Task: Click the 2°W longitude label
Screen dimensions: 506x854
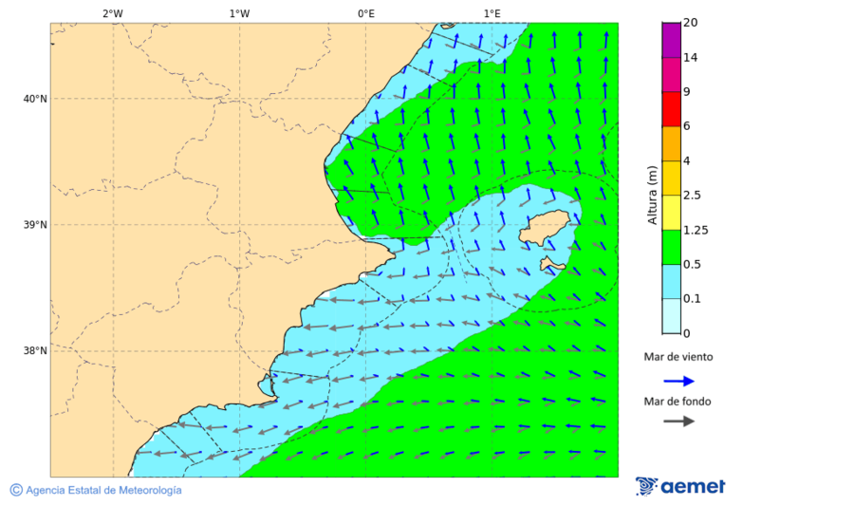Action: pyautogui.click(x=113, y=13)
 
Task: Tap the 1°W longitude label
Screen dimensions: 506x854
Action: pyautogui.click(x=239, y=13)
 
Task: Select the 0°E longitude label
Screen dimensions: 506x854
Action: pyautogui.click(x=365, y=13)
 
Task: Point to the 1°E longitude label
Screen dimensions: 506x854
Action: pyautogui.click(x=492, y=13)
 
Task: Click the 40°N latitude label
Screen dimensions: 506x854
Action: pyautogui.click(x=35, y=99)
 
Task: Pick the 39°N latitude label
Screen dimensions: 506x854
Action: pyautogui.click(x=35, y=225)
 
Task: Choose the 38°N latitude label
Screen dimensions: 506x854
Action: pyautogui.click(x=35, y=351)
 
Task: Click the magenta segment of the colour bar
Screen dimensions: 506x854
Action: pyautogui.click(x=671, y=40)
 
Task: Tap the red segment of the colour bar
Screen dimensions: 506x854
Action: pyautogui.click(x=671, y=109)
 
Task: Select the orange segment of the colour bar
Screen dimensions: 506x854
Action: pyautogui.click(x=671, y=143)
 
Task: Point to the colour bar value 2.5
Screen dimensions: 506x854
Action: pyautogui.click(x=693, y=196)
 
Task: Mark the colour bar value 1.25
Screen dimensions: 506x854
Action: pyautogui.click(x=696, y=230)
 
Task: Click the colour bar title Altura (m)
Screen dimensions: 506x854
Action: pyautogui.click(x=652, y=195)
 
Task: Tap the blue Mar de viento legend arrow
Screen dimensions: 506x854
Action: pyautogui.click(x=678, y=381)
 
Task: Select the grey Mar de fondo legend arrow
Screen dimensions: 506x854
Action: pyautogui.click(x=678, y=421)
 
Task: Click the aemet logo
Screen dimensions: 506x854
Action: pyautogui.click(x=680, y=486)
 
